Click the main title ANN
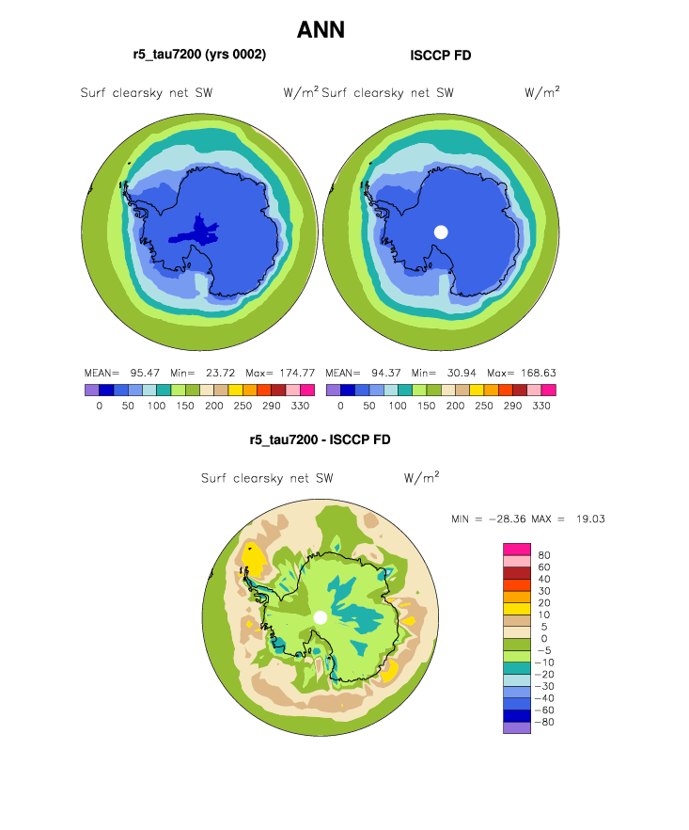[x=321, y=30]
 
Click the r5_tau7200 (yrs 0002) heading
[x=199, y=56]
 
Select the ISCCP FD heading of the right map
[x=441, y=56]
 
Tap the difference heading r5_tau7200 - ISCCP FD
[x=320, y=439]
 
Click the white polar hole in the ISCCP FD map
[x=441, y=231]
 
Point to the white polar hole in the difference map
[x=321, y=617]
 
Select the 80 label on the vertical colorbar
[x=543, y=555]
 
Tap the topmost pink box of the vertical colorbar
[x=517, y=550]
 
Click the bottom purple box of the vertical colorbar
[x=517, y=727]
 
